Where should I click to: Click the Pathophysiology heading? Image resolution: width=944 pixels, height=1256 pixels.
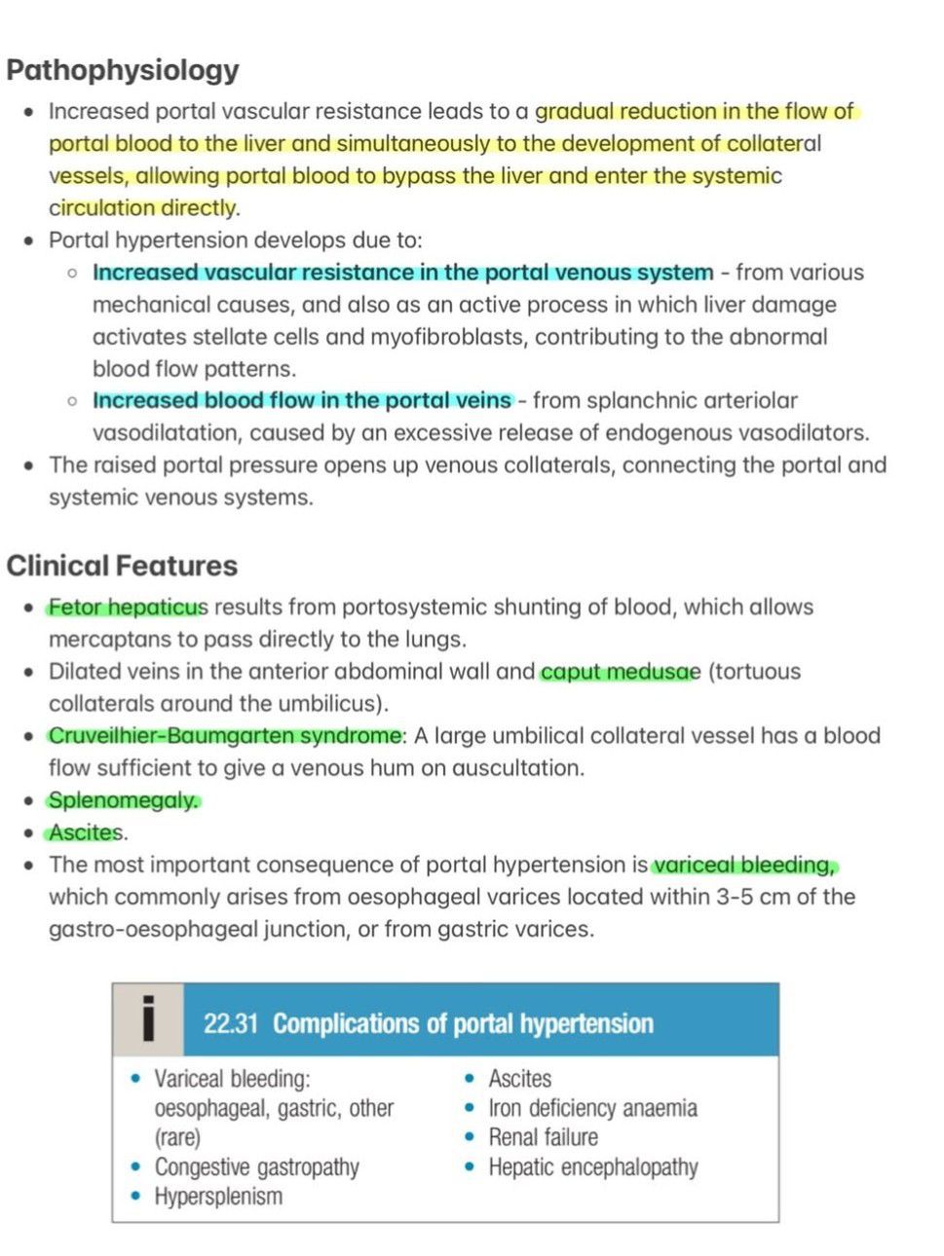tap(123, 70)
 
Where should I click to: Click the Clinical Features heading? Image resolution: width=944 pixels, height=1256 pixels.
tap(122, 566)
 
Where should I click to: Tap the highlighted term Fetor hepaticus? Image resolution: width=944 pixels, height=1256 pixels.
tap(128, 608)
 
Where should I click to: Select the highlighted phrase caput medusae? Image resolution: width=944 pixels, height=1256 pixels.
tap(620, 672)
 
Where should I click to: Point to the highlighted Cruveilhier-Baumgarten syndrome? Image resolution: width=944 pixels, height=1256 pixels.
tap(225, 736)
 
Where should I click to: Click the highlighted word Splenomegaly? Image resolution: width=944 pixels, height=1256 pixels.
tap(124, 800)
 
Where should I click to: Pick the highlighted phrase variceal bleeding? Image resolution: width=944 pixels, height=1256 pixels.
tap(744, 865)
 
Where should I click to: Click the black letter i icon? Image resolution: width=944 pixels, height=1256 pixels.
tap(148, 1019)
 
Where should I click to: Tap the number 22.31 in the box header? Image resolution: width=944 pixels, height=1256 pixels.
tap(231, 1024)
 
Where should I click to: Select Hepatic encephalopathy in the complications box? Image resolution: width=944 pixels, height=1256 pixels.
tap(593, 1167)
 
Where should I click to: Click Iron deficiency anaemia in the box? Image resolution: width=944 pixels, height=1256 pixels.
tap(592, 1108)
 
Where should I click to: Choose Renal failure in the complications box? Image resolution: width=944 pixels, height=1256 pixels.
tap(544, 1137)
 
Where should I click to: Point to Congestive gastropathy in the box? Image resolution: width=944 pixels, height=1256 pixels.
tap(257, 1167)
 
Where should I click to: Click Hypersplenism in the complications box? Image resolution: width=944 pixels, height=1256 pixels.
tap(218, 1197)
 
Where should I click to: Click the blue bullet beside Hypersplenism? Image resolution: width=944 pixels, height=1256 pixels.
tap(135, 1197)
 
